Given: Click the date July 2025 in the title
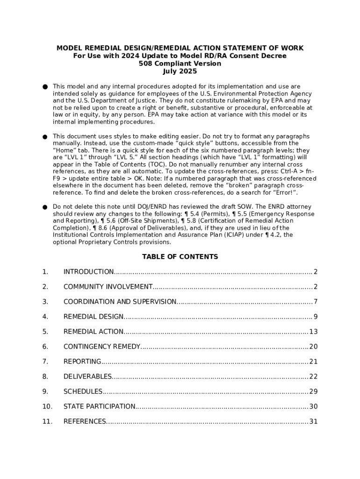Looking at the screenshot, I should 180,72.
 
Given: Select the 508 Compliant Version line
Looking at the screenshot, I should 180,64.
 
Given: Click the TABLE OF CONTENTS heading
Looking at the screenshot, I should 180,257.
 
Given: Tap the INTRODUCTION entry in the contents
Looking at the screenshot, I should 88,272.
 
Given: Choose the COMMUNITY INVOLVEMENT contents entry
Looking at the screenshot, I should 108,287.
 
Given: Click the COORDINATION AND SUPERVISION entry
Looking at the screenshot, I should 120,302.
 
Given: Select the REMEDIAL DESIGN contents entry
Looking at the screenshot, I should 94,317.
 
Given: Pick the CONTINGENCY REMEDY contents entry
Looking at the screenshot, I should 102,347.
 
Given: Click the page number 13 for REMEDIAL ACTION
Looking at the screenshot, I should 313,332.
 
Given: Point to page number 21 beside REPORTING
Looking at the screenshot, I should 313,362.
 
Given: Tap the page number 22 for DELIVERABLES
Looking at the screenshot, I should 313,377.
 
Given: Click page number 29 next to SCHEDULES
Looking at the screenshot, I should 313,392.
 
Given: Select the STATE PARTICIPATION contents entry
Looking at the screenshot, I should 99,406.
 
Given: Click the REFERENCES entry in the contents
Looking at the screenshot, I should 85,421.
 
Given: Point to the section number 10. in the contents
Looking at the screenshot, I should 47,406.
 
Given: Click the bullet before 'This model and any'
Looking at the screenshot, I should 45,87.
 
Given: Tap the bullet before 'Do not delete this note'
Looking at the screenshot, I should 45,207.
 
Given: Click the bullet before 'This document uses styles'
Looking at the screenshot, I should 45,137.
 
